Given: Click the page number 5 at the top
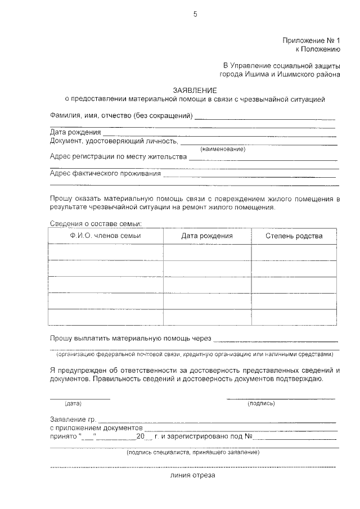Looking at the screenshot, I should coord(195,15).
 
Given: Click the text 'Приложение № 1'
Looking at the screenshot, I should coord(312,40).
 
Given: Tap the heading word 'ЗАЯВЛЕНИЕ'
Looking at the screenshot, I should coord(195,91).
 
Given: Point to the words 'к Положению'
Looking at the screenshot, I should coord(318,49).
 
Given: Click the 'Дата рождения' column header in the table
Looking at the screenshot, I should coord(207,236).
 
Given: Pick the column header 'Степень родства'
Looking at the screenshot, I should coord(294,236).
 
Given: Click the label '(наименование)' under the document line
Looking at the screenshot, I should coord(223,149).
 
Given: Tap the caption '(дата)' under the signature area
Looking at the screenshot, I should coord(73,404).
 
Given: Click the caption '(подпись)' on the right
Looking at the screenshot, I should coord(261,404).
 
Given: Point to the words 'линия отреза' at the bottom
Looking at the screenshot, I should coord(193,475).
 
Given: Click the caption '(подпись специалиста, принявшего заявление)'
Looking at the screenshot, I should coord(193,452).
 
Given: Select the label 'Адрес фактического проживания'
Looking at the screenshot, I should coord(105,173).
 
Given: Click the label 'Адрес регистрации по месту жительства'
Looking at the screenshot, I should coord(118,157).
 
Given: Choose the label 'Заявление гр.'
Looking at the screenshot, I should coord(73,420).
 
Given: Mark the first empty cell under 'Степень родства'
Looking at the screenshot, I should coord(294,253).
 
